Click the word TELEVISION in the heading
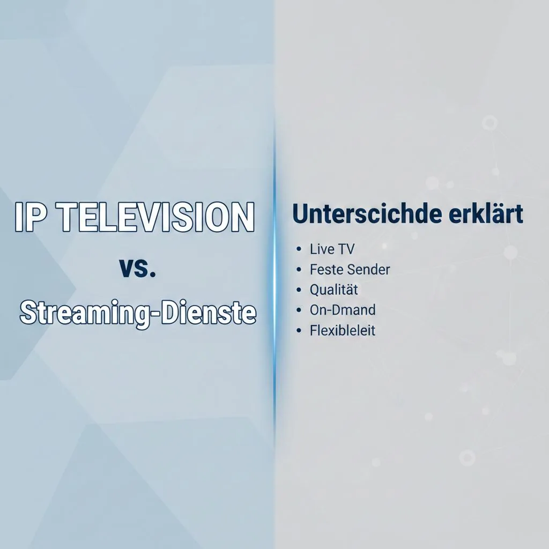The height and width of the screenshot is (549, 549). click(x=155, y=217)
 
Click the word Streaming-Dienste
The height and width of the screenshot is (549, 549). click(x=138, y=313)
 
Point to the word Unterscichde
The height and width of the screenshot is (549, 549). click(x=366, y=215)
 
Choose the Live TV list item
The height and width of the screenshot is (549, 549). click(x=332, y=249)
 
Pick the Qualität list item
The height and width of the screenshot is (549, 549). click(x=333, y=290)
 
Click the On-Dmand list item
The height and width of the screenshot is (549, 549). click(x=343, y=310)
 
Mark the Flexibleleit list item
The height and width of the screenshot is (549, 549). click(x=343, y=330)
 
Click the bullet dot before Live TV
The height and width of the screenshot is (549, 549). click(x=298, y=249)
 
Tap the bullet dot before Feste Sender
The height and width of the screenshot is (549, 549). click(x=298, y=270)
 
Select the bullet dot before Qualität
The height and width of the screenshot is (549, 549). click(x=298, y=290)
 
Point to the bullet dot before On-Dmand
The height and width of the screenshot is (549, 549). click(x=298, y=310)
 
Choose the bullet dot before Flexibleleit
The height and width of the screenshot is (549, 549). click(x=298, y=331)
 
